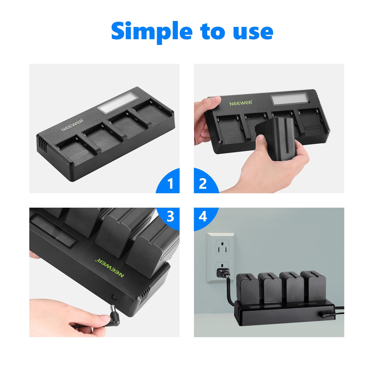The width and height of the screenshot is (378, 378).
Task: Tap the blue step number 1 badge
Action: tap(170, 183)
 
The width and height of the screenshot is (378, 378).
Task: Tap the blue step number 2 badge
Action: tap(203, 183)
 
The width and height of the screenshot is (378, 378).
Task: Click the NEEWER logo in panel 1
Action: tap(72, 124)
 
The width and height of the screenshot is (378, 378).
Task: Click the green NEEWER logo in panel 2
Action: tap(241, 103)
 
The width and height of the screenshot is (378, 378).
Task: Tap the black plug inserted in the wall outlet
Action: tap(223, 272)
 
